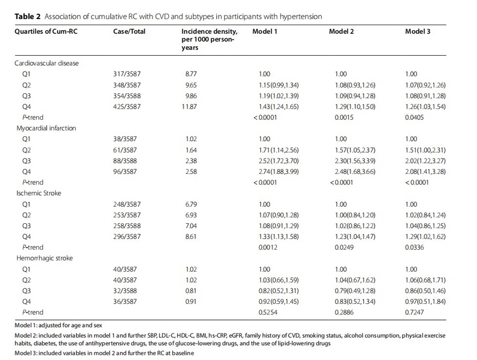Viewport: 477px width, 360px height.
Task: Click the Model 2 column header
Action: coord(341,31)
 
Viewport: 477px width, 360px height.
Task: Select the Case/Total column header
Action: coord(129,31)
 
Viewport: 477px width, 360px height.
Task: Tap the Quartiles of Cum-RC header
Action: coord(46,31)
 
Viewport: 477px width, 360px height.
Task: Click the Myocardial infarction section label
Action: coord(46,128)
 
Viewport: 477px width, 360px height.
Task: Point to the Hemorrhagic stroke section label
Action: coord(45,258)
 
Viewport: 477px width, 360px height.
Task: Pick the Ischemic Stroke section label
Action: coord(39,193)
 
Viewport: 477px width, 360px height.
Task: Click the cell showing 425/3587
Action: coord(127,107)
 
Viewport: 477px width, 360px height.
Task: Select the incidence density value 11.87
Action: coord(189,107)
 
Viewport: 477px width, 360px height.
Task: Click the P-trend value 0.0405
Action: coord(414,118)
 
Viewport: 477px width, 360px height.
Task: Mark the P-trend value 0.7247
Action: coord(414,312)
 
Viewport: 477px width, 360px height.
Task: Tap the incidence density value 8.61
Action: coord(191,236)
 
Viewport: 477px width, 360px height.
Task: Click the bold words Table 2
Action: coord(28,16)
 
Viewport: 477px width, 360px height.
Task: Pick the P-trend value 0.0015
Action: coord(344,118)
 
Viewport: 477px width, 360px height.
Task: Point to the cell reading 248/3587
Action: coord(127,204)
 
